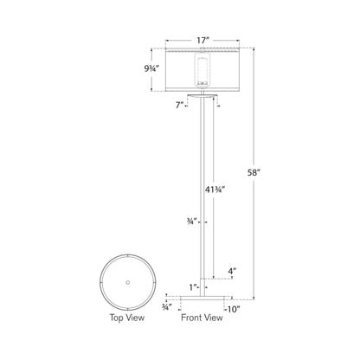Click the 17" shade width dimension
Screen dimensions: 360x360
(x=202, y=39)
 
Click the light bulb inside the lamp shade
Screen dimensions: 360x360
(x=202, y=69)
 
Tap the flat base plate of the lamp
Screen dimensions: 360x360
(x=202, y=297)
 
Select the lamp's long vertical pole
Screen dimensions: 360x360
(x=202, y=190)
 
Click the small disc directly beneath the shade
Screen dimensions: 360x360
(x=202, y=97)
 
